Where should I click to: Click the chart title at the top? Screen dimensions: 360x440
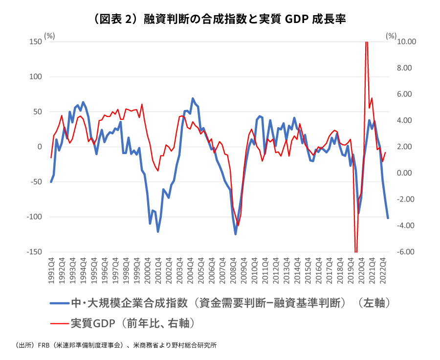tap(220, 19)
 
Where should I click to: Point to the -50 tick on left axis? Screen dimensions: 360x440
tap(35, 182)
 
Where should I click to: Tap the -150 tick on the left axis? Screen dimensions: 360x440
tap(34, 252)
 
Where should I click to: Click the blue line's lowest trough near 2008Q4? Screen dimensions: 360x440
tap(235, 234)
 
